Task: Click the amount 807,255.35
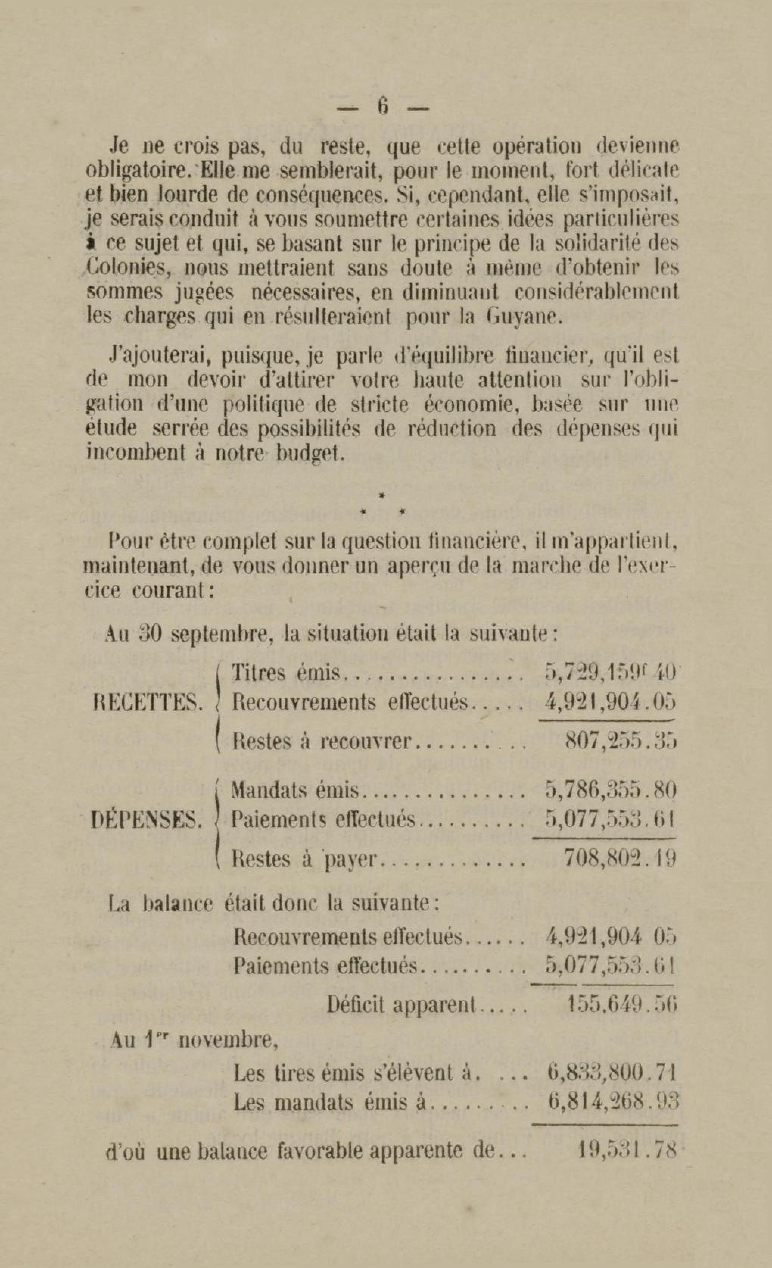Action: tap(620, 741)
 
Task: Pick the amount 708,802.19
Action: tap(620, 858)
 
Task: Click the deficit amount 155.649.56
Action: tap(620, 1004)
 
